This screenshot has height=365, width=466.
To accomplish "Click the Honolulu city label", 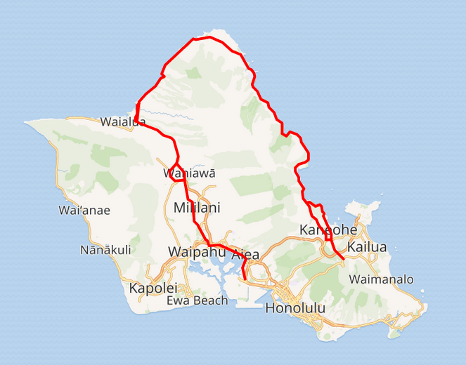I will point(296,307).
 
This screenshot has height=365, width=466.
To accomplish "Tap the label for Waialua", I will point(123,121).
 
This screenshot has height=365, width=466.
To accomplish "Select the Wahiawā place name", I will point(189,173).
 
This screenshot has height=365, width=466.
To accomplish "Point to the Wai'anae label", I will point(84,210).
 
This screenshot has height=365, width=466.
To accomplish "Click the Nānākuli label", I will point(105,249).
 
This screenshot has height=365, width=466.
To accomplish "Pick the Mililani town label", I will point(197,208).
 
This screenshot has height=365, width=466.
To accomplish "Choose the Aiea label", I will point(245,254).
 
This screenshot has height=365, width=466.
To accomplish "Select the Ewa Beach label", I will point(198,300).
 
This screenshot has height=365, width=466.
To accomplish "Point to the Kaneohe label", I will point(328,230).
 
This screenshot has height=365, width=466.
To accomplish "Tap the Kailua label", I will point(367,247).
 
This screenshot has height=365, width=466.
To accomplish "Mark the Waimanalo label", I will point(381,279).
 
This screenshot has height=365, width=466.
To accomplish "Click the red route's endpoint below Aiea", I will point(244,276).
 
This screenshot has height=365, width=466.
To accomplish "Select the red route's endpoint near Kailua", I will point(343,260).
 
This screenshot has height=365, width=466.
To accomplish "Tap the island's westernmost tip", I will point(26,124).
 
